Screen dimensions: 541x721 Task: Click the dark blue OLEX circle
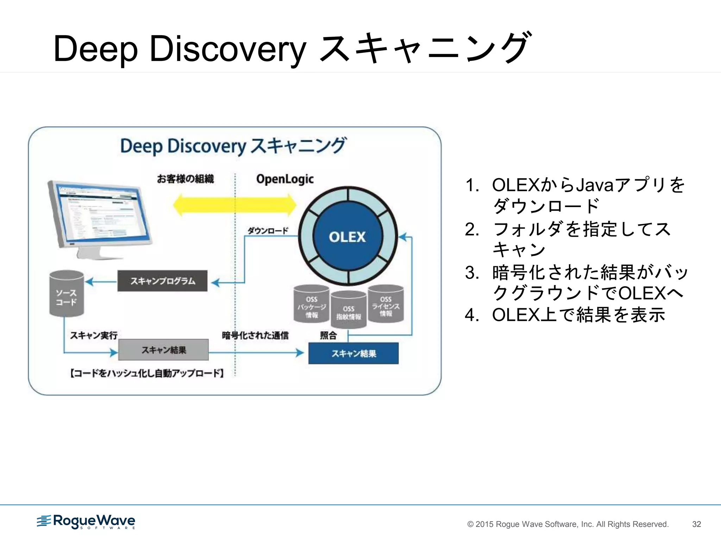coord(347,237)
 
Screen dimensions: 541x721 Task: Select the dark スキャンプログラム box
coord(162,281)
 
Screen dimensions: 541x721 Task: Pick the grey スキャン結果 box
coord(163,350)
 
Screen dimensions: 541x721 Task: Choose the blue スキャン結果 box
coord(353,353)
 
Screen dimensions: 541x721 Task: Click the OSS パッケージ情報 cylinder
coord(312,304)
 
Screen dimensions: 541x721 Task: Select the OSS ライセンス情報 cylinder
coord(385,304)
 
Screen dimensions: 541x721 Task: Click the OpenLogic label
coord(285,179)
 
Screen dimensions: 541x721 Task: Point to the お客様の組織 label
coord(185,179)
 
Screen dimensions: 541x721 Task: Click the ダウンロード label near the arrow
coord(268,231)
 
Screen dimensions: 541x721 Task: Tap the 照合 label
coord(328,335)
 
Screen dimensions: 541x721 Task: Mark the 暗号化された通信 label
coord(255,335)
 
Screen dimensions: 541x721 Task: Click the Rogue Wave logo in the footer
coord(86,521)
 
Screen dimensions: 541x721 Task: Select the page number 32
coord(696,524)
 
